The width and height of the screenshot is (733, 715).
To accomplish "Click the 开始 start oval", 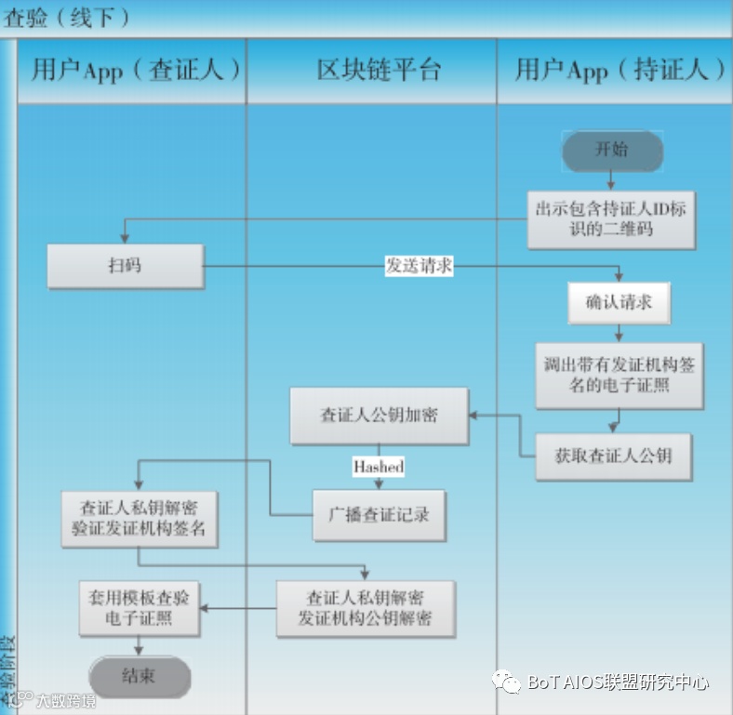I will coord(611,150).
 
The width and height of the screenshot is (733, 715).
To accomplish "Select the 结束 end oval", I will coord(140,676).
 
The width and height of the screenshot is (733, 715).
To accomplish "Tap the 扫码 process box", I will coord(125,265).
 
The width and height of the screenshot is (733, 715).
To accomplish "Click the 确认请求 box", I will coord(619,302).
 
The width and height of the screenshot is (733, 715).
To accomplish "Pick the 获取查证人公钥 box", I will coord(613,456).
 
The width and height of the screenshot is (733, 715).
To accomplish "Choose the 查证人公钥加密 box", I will coord(379,416).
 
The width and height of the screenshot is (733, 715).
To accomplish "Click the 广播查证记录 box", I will coord(379,514).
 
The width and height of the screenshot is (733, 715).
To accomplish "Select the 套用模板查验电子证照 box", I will coord(139,608).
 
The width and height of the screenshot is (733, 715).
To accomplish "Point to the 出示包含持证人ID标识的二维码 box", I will coord(610,219).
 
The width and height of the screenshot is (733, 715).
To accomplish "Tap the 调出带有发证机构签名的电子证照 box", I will coord(619,375).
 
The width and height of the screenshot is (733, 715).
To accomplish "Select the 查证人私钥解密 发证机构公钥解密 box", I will coord(365,607).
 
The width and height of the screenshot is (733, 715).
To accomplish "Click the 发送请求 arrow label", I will coord(419,265).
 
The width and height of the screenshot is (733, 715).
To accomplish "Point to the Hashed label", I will coord(378,466).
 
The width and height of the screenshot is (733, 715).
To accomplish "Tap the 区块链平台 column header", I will coord(372,71).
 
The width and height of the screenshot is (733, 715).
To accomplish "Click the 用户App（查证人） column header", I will coord(132,71).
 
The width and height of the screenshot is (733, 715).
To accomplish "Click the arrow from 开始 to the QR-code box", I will coord(611,180).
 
